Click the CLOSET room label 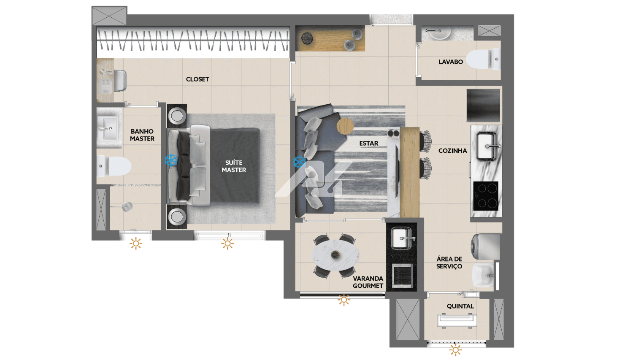(197, 79)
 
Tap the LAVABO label (450, 62)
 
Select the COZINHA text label (452, 151)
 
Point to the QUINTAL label (460, 306)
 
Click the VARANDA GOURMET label (368, 282)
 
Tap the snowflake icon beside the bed (171, 160)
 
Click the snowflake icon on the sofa (299, 162)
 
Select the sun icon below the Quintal (455, 350)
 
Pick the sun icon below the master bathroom (135, 244)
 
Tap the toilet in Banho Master (114, 166)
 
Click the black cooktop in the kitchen (486, 196)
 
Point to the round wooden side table (345, 126)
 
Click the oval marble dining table (335, 255)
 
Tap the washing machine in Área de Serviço (485, 247)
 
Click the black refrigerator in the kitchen (483, 106)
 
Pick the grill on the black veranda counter (403, 274)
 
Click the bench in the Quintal (457, 321)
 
